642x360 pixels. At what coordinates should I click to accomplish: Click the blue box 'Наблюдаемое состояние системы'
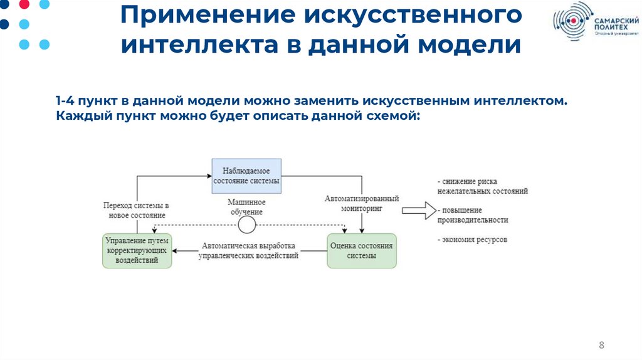point(246,176)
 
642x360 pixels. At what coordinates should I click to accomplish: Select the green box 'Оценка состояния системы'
point(362,250)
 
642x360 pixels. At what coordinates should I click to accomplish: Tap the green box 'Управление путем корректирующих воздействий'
point(137,250)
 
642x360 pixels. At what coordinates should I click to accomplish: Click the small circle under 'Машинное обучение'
point(246,225)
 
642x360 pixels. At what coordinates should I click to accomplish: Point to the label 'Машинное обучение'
point(246,207)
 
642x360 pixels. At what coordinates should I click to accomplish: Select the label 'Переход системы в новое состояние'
point(137,210)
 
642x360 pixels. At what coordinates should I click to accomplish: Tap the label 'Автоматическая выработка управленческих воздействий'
point(248,250)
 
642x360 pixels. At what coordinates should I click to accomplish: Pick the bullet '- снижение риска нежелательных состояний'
point(483,186)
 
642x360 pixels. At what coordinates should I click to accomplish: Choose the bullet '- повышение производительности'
point(473,214)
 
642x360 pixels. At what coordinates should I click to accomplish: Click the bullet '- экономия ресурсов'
point(472,240)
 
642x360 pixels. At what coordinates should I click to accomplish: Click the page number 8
point(602,346)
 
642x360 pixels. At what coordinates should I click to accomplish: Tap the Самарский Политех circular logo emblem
point(571,21)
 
